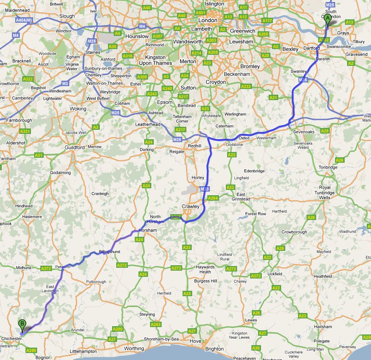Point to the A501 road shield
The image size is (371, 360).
pos(201,13)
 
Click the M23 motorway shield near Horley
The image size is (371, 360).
pos(204,189)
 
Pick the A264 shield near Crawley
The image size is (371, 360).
pos(213,198)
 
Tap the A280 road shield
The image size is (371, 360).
pos(117,329)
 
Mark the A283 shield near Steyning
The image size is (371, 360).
pos(155,325)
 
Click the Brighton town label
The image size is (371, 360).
pos(214,349)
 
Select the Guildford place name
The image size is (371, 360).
pos(75,147)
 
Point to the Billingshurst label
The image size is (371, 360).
pos(109,252)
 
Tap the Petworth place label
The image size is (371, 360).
pos(63,267)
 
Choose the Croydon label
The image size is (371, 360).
pos(216,82)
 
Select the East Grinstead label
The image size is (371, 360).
pos(241,196)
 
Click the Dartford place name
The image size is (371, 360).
pos(312,48)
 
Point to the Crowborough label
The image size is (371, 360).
pos(294,232)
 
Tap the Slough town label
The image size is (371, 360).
pos(67,16)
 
